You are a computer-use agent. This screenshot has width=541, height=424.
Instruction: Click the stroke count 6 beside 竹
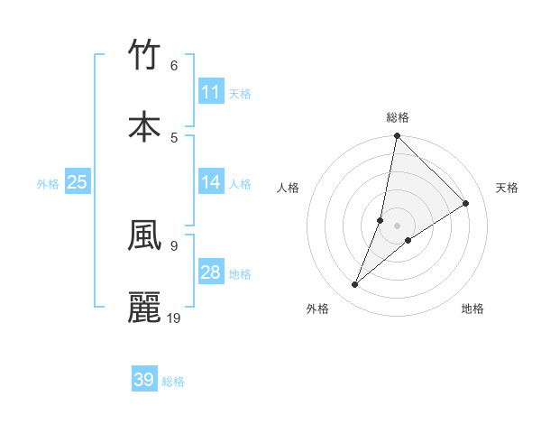pyautogui.click(x=174, y=66)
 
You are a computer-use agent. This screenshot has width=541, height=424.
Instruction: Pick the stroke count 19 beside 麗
pyautogui.click(x=174, y=318)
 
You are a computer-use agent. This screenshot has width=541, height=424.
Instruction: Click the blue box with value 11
pyautogui.click(x=211, y=92)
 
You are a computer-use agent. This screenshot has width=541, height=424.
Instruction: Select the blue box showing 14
pyautogui.click(x=211, y=182)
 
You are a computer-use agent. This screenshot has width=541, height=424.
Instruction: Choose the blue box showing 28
pyautogui.click(x=211, y=272)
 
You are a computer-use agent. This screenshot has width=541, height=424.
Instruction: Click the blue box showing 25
pyautogui.click(x=78, y=182)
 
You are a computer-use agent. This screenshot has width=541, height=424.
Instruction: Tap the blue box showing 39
pyautogui.click(x=144, y=380)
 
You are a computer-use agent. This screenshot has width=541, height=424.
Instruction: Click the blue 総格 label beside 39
pyautogui.click(x=173, y=382)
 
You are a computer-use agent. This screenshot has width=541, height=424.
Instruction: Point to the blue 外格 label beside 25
pyautogui.click(x=48, y=184)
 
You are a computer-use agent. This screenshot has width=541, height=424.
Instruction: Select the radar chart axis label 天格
pyautogui.click(x=507, y=188)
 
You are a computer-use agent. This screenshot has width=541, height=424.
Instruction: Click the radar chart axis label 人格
pyautogui.click(x=289, y=188)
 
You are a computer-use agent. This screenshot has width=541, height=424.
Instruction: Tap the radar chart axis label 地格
pyautogui.click(x=472, y=309)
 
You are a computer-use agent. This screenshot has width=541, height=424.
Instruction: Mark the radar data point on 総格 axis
pyautogui.click(x=397, y=136)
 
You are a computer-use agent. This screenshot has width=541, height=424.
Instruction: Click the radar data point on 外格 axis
pyautogui.click(x=355, y=285)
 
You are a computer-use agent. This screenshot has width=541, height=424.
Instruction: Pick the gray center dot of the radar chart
pyautogui.click(x=397, y=226)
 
